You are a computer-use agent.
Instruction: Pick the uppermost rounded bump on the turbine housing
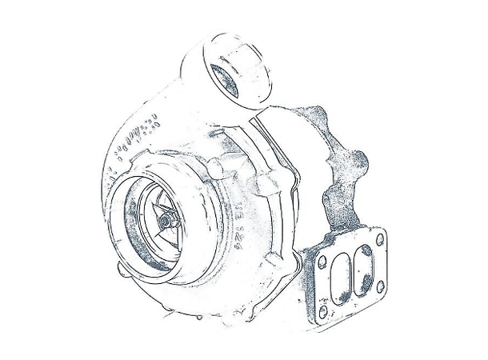(x=314, y=112)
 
